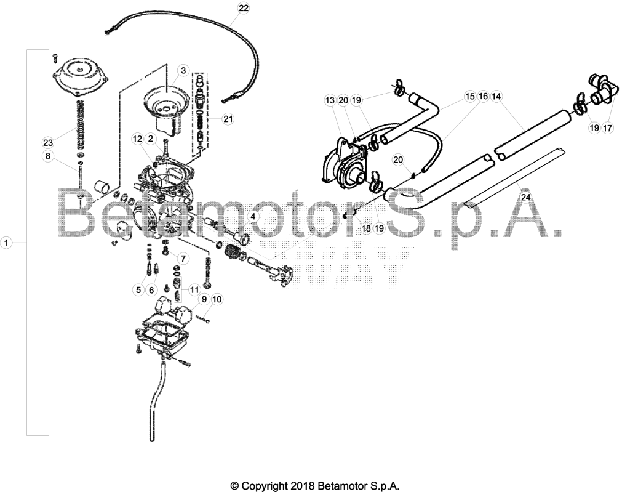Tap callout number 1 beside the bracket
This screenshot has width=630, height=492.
point(6,243)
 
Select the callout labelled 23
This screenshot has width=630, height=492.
point(48,142)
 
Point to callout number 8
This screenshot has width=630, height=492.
point(48,156)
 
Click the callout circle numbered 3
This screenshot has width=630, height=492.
point(183,71)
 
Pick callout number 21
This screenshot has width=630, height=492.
point(228,119)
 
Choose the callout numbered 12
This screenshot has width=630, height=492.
point(137,139)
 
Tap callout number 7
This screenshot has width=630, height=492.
point(183,258)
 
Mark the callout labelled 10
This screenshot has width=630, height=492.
point(217,299)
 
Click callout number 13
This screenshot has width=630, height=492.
point(330,100)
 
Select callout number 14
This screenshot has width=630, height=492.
point(496,96)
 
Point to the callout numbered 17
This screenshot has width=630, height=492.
point(607,128)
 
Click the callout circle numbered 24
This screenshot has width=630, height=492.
point(525,197)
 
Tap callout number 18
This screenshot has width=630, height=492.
point(366,228)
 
